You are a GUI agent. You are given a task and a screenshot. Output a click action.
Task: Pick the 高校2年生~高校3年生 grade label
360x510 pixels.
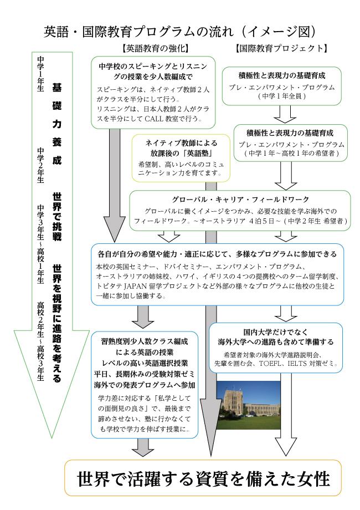point(40,341)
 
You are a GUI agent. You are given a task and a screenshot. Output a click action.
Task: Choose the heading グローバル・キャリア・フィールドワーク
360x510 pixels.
point(240,200)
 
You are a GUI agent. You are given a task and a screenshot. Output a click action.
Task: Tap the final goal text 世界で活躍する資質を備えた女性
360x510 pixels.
point(203,477)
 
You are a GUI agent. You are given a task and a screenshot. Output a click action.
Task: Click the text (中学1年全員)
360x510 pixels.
point(285,96)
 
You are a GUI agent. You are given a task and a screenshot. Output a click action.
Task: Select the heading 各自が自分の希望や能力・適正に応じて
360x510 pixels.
point(217,254)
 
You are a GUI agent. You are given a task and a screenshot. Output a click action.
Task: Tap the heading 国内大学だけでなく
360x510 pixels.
point(276,331)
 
